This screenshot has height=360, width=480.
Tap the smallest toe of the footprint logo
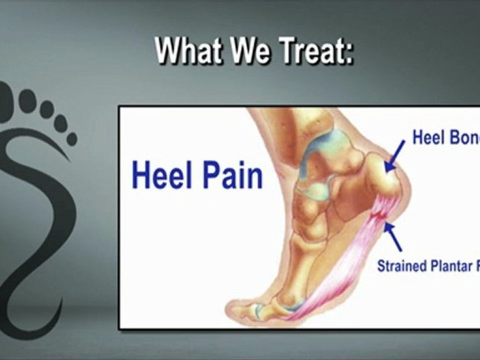point(71,138)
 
